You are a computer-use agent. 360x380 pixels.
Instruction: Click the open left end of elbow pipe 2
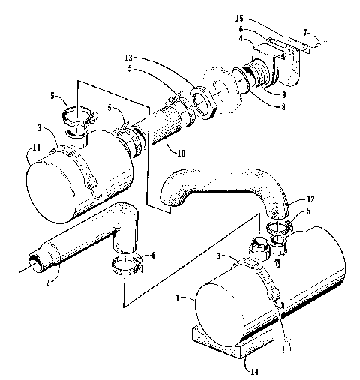tap(34, 262)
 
